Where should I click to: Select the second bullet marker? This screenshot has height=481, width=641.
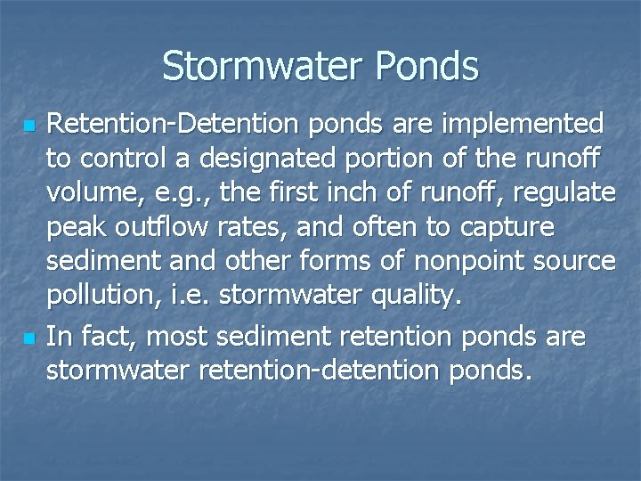(x=28, y=338)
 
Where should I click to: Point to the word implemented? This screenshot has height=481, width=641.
(x=524, y=122)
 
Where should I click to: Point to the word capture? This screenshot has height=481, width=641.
(x=507, y=229)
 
